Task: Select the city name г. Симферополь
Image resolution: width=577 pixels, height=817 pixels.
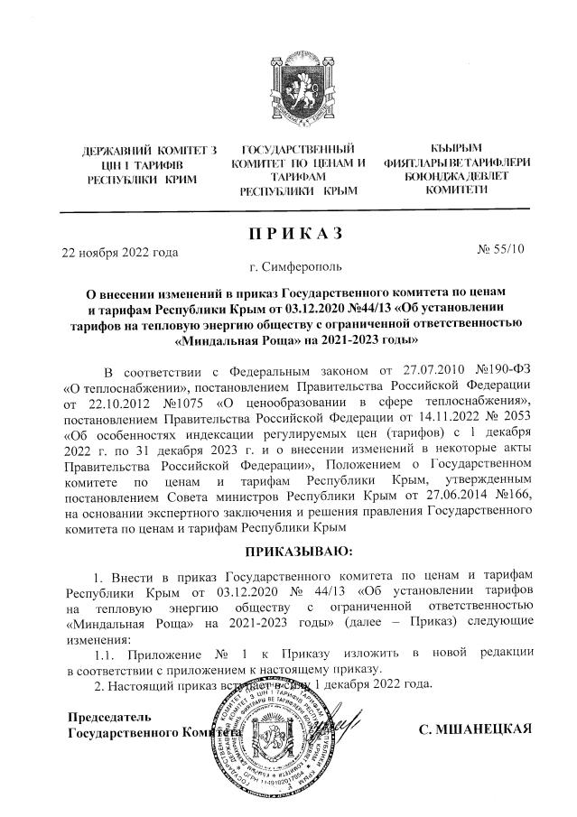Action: coord(289,268)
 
